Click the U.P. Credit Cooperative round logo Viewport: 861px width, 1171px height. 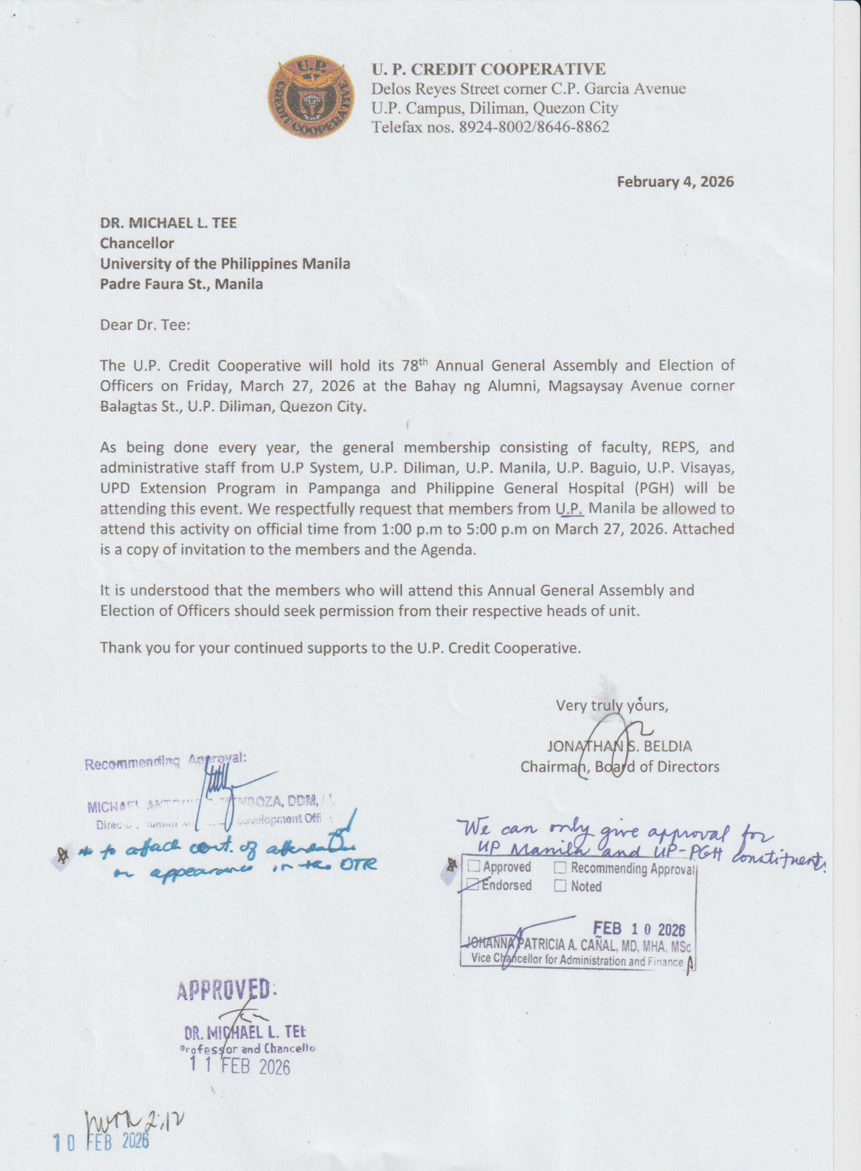(311, 99)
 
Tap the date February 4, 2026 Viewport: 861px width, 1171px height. (675, 182)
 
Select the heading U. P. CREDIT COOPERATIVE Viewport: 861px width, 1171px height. (489, 69)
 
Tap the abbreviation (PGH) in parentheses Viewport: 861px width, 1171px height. (652, 488)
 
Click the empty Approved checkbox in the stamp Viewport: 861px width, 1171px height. (474, 866)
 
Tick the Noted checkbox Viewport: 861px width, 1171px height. (560, 886)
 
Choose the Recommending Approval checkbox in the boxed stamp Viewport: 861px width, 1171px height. (560, 868)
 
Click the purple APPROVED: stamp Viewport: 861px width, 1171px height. (223, 989)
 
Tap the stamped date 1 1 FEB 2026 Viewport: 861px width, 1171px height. (240, 1067)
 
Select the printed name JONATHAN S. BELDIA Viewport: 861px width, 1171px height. (619, 747)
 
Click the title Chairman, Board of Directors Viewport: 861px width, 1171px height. (620, 767)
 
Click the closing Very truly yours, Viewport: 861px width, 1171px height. (612, 706)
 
